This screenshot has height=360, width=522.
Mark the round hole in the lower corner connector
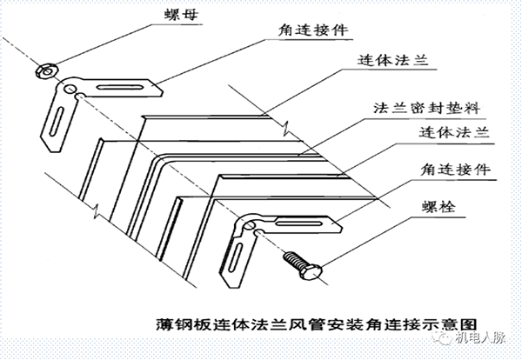pos(251,228)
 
